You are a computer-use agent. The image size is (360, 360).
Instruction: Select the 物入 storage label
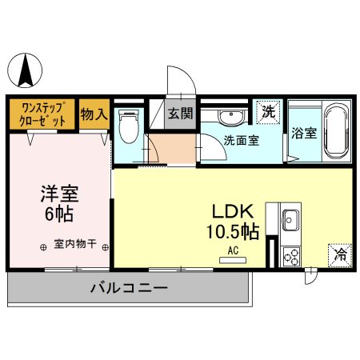[94, 114]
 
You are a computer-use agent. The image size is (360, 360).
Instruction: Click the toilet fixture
[127, 126]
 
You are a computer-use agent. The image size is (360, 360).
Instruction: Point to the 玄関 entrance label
[180, 113]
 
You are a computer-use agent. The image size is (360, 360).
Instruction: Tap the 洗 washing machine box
[268, 111]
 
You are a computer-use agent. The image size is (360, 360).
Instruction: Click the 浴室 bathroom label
[304, 133]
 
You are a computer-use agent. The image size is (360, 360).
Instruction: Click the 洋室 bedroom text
[58, 194]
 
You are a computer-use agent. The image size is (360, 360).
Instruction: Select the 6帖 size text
[58, 214]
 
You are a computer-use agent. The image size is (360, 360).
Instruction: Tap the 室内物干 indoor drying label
[75, 244]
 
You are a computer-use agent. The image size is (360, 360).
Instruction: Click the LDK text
[233, 211]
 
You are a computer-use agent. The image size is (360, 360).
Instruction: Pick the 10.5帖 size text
[234, 233]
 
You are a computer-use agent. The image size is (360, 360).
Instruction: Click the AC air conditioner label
[234, 250]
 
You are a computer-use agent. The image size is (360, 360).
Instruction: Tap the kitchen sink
[290, 219]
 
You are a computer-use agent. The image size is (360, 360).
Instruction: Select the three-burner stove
[290, 256]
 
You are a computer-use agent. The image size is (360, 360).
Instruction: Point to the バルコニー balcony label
[128, 286]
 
